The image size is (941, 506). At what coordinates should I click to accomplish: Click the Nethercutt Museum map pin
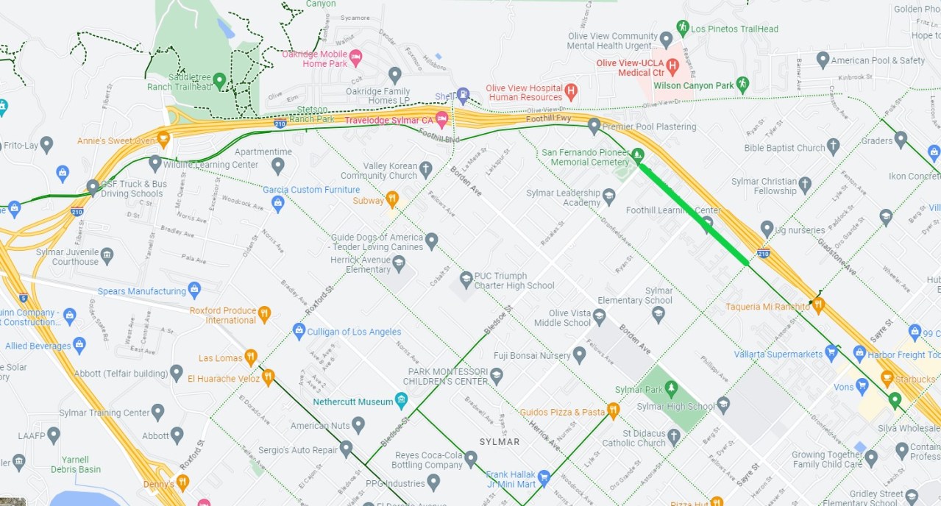[x=401, y=401]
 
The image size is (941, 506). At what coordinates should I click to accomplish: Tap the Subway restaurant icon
[x=393, y=199]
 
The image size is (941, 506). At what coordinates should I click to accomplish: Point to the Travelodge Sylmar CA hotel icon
[x=442, y=119]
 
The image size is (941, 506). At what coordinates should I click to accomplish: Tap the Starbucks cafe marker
[x=887, y=379]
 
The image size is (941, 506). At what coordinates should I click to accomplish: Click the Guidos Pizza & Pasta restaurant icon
[x=614, y=410]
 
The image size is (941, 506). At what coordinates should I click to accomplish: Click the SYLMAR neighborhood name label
[x=500, y=442]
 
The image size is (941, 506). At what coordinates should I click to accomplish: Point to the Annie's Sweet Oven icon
[x=163, y=138]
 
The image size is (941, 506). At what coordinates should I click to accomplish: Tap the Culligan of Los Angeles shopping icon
[x=299, y=331]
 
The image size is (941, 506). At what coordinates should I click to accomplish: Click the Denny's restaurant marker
[x=182, y=482]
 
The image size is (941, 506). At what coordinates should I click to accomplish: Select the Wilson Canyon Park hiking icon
[x=743, y=85]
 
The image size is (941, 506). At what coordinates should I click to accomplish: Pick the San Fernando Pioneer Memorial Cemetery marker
[x=638, y=155]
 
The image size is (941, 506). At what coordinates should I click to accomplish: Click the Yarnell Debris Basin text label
[x=76, y=464]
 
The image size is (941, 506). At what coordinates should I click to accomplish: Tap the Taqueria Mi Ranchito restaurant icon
[x=818, y=304]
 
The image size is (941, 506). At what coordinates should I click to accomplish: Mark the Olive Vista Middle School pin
[x=600, y=317]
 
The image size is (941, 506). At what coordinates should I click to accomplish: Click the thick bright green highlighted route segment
[x=694, y=213]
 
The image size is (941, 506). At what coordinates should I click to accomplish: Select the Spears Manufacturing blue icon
[x=194, y=291]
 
